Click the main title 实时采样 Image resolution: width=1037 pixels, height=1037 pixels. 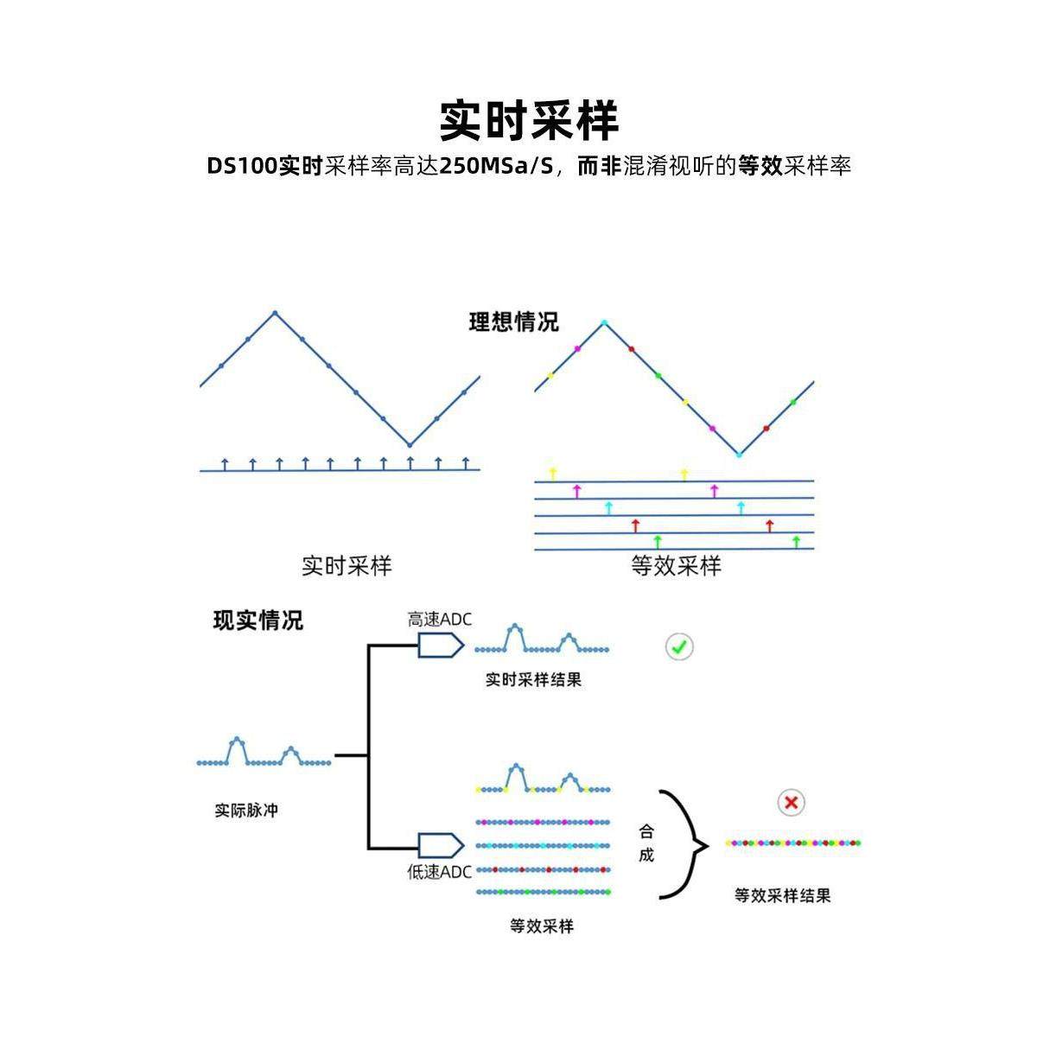[x=529, y=120]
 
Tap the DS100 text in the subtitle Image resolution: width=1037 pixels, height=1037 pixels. [x=243, y=166]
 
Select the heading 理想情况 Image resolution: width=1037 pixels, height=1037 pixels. [x=513, y=322]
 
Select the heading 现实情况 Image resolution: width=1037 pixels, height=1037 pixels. [x=258, y=620]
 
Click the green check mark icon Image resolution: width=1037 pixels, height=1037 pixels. [x=679, y=646]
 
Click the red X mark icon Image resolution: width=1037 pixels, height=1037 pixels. [x=790, y=803]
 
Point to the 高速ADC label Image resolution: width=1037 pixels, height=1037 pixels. [x=440, y=619]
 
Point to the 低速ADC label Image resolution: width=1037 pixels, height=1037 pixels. [x=440, y=872]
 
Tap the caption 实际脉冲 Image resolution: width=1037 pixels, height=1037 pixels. [x=246, y=811]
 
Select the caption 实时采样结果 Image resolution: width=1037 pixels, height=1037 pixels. [x=533, y=680]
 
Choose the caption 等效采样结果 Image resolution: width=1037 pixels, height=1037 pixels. [x=782, y=896]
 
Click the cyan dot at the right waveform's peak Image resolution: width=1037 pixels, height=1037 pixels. [x=604, y=323]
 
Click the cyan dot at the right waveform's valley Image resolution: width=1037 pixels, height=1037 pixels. [x=739, y=454]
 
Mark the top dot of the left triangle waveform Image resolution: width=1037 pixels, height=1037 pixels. [x=275, y=312]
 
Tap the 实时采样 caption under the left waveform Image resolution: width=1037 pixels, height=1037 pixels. [x=347, y=566]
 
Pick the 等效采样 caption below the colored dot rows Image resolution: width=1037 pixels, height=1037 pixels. [x=542, y=926]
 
